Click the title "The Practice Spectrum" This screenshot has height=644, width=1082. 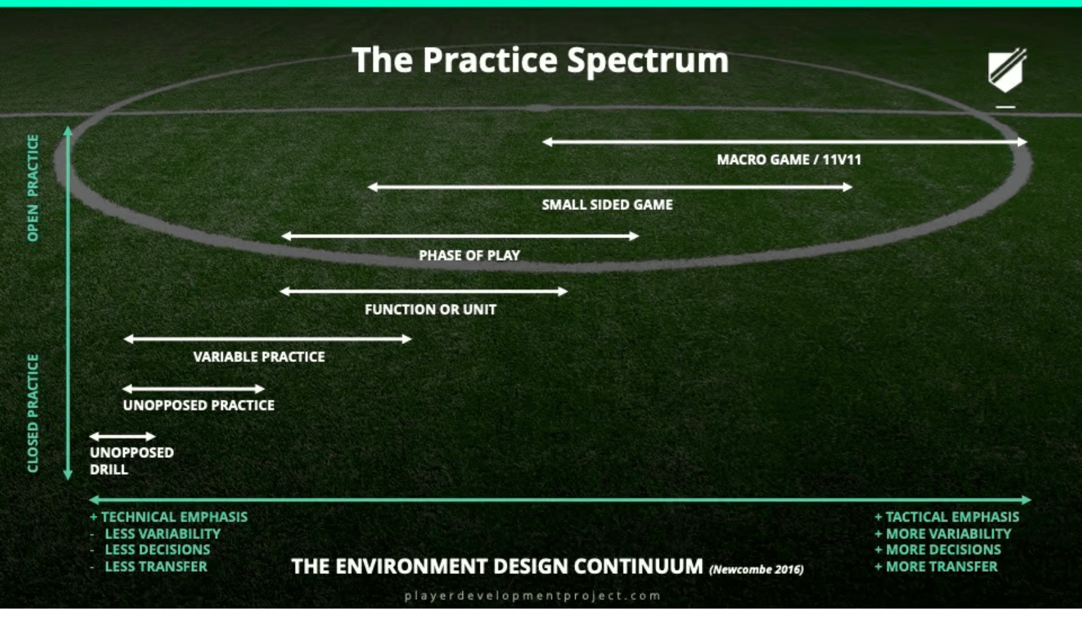click(540, 61)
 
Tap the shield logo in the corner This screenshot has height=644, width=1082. click(1007, 70)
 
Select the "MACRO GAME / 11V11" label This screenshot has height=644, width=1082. click(789, 160)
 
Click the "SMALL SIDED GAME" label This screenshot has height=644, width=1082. click(607, 205)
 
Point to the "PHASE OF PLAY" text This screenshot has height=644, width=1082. click(470, 255)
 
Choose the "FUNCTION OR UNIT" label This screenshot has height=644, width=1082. click(430, 310)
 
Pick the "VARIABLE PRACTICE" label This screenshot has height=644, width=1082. click(259, 357)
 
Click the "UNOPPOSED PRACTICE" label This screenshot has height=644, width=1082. click(198, 405)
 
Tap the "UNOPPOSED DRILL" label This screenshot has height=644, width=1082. click(131, 461)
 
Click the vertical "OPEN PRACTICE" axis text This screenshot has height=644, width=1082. click(33, 188)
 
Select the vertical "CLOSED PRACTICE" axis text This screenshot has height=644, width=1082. click(33, 413)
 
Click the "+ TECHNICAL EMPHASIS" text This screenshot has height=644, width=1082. click(169, 517)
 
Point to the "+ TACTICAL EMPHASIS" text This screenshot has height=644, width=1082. click(947, 517)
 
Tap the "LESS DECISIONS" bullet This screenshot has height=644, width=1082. click(157, 550)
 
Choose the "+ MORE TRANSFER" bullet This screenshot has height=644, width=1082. click(936, 567)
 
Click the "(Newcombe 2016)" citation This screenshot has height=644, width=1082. click(756, 569)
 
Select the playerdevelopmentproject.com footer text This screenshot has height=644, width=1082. click(533, 596)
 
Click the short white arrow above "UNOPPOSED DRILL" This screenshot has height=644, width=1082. click(122, 437)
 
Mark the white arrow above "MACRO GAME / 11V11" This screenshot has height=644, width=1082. click(785, 142)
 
